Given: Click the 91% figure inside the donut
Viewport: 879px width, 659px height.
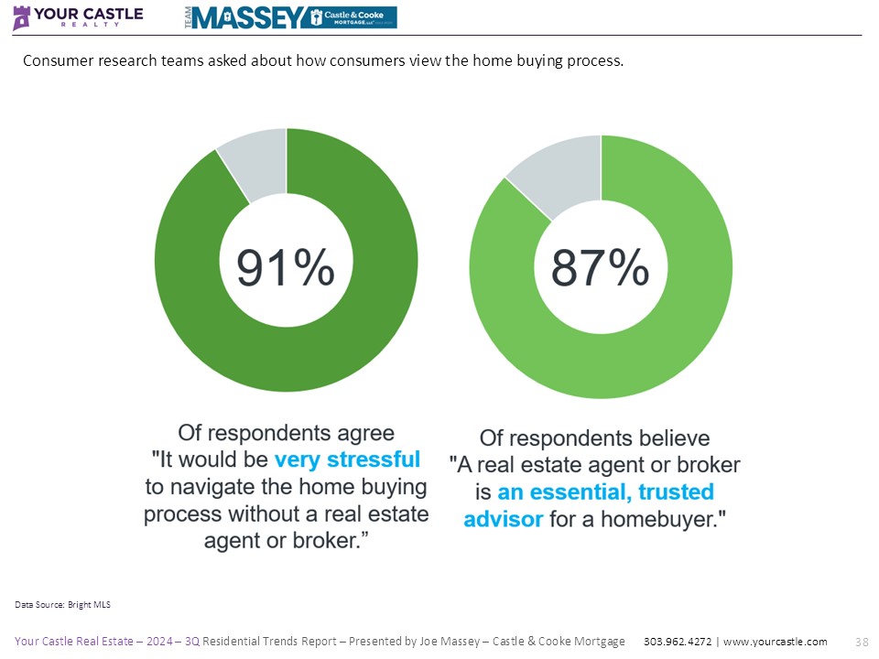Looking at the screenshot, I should [x=286, y=268].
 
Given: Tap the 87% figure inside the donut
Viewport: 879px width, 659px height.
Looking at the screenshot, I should [x=600, y=268].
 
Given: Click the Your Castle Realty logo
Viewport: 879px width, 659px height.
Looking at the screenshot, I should [x=78, y=17].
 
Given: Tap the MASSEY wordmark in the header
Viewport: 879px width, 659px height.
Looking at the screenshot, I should [x=248, y=17].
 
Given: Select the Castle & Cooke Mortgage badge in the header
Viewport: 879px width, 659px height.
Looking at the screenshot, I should [x=352, y=17].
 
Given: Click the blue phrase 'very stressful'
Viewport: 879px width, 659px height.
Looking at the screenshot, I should [x=347, y=458].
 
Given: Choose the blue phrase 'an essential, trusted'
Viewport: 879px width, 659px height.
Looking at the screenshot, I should [x=605, y=492].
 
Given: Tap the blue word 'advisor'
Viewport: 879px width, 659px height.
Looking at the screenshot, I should [x=503, y=519].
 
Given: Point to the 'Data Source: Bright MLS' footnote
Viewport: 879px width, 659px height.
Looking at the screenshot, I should [x=63, y=604].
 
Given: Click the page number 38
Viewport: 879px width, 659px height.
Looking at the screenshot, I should [x=861, y=642].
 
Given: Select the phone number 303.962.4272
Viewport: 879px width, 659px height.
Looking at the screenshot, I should [x=674, y=642].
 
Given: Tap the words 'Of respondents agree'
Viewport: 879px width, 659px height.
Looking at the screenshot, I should [x=287, y=431].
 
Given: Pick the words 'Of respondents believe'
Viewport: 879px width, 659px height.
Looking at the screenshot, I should [x=595, y=438].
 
